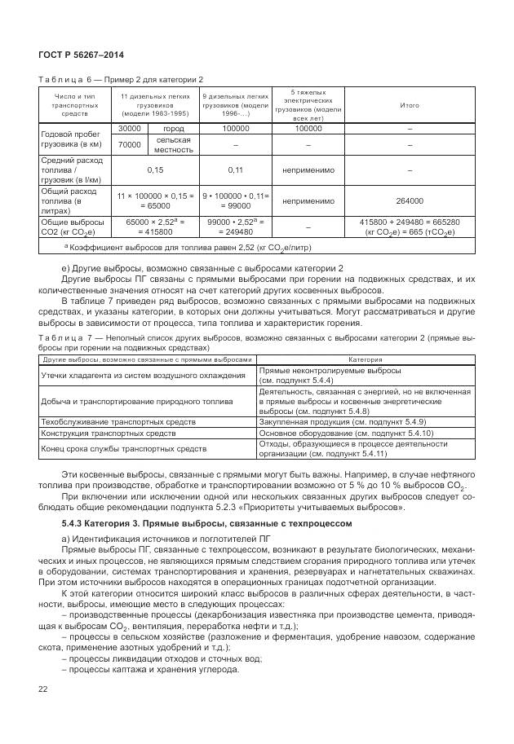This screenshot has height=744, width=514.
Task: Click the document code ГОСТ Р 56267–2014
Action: (74, 55)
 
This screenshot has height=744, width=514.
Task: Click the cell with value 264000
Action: (410, 200)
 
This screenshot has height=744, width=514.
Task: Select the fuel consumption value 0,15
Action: (154, 170)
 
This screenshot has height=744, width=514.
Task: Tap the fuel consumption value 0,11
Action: (235, 170)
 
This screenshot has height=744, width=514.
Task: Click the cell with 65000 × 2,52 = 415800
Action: (154, 227)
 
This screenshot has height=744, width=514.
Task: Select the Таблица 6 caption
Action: (121, 79)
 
